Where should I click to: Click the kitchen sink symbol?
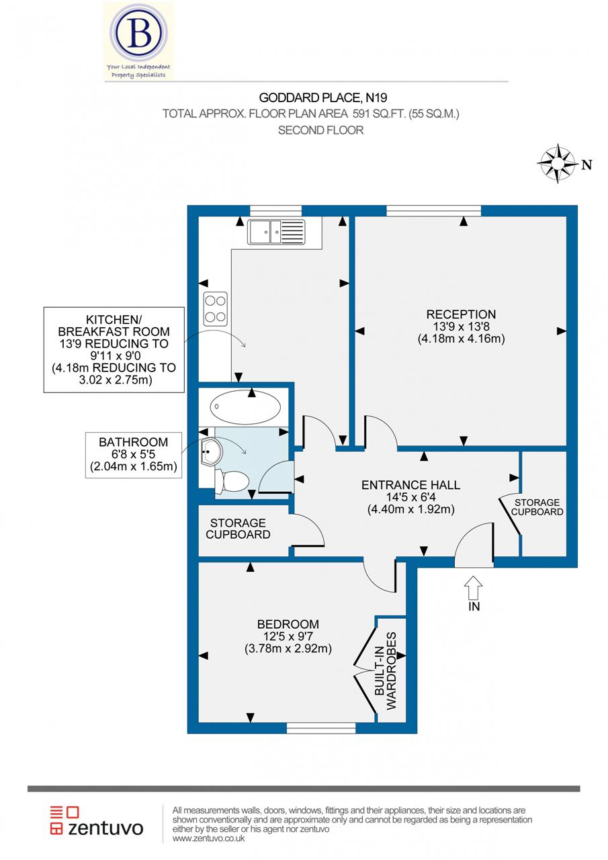275,232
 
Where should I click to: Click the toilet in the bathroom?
232,480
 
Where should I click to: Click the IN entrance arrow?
473,588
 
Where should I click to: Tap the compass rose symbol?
558,163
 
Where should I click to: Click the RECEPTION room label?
461,314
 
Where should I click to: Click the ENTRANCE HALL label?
410,485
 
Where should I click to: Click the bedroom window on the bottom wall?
320,728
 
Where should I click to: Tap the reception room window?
434,210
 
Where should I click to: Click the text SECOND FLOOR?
320,130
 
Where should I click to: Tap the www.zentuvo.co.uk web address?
208,839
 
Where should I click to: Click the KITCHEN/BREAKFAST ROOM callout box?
114,349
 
